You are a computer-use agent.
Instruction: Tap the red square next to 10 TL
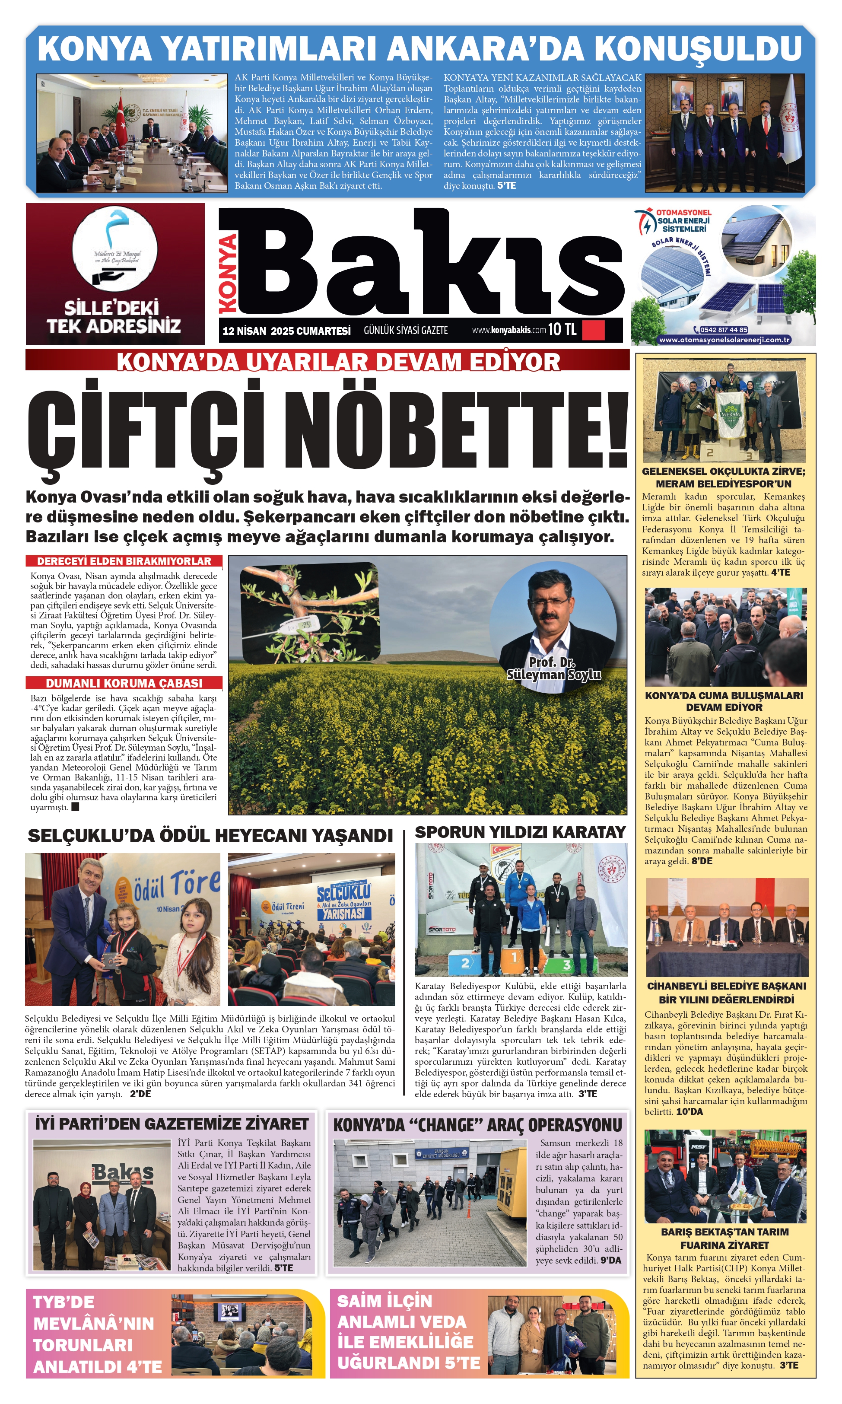pyautogui.click(x=594, y=330)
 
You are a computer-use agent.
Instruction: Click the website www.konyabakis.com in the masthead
pyautogui.click(x=508, y=330)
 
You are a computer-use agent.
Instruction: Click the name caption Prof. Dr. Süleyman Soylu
pyautogui.click(x=553, y=669)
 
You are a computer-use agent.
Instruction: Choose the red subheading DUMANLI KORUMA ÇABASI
pyautogui.click(x=124, y=683)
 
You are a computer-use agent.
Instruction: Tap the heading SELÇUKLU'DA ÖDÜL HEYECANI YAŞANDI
pyautogui.click(x=210, y=835)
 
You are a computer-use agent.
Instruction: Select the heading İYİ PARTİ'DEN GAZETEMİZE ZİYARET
pyautogui.click(x=172, y=1124)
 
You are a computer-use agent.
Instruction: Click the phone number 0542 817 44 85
pyautogui.click(x=724, y=330)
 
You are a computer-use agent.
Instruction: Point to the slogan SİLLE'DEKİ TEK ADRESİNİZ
pyautogui.click(x=114, y=317)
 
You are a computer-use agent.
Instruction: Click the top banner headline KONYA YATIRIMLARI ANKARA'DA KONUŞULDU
pyautogui.click(x=419, y=49)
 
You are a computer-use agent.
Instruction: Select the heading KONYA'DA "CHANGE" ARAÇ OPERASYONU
pyautogui.click(x=477, y=1125)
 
